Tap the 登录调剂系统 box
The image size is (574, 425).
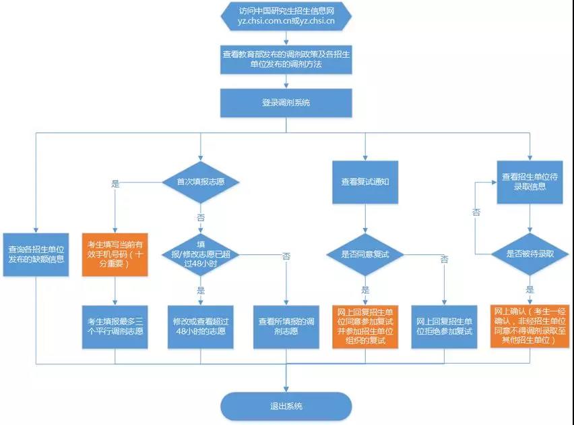tap(286, 103)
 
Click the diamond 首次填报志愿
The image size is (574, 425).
tap(201, 181)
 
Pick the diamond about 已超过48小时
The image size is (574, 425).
tap(201, 254)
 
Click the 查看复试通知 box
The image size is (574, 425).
tap(365, 181)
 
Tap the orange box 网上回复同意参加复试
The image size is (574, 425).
tap(365, 327)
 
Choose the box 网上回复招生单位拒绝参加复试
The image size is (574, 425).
tap(445, 327)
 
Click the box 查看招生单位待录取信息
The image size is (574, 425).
tap(530, 181)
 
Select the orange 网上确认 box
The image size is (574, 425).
tap(530, 326)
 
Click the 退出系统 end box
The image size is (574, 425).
tap(286, 406)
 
